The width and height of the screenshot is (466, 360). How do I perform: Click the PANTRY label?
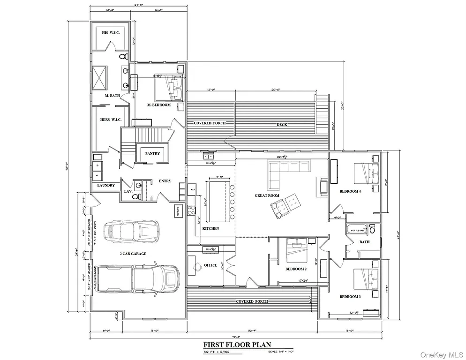click(x=152, y=154)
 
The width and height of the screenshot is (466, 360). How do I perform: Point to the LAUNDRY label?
click(x=106, y=185)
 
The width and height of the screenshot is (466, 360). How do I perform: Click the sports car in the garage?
click(x=131, y=230)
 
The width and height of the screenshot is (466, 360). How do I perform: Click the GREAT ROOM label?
click(x=267, y=195)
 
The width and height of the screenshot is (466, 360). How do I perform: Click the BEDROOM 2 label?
click(x=296, y=269)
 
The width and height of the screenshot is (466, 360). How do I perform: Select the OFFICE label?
click(x=210, y=265)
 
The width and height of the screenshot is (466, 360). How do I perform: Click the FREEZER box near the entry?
click(x=179, y=211)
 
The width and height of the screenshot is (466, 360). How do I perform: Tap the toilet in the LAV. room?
click(x=136, y=197)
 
